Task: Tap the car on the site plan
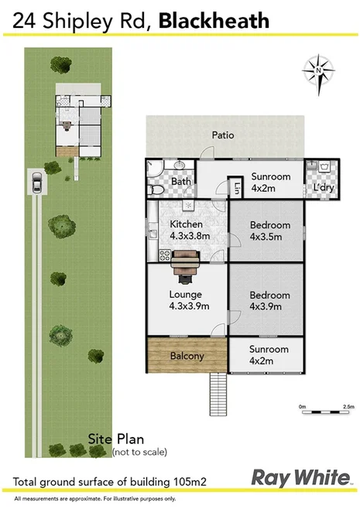coord(36,183)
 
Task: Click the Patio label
coord(223,135)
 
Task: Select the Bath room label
coord(181,182)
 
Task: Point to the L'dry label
coord(323,188)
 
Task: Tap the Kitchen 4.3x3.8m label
coord(186,230)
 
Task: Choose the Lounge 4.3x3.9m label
coord(186,299)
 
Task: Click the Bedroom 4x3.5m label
coord(269,231)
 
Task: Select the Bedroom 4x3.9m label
coord(269,300)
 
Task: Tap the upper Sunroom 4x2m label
coord(271,182)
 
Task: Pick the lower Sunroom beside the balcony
coord(269,355)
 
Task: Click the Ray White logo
coord(300,476)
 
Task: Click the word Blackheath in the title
coord(214,22)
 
